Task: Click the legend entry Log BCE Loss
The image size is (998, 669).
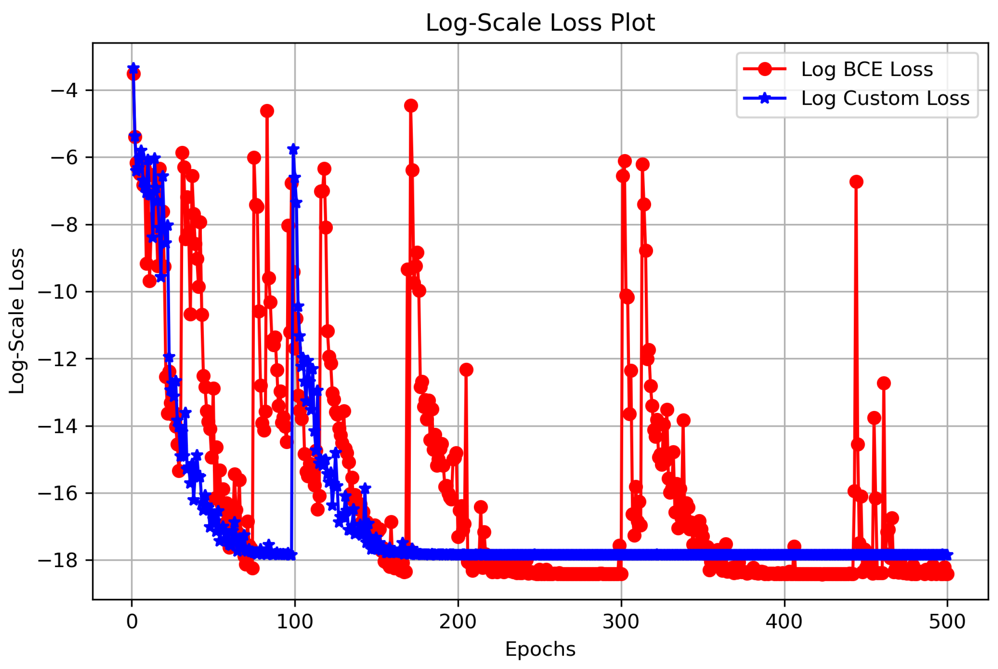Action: point(867,69)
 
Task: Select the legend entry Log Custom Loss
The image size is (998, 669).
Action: point(885,98)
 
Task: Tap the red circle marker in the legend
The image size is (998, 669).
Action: point(765,69)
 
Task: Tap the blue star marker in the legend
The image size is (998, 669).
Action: point(765,98)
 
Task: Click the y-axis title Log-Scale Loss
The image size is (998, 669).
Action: point(17,321)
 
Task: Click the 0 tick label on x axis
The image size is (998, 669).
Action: point(132,622)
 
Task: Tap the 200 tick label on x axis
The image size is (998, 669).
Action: point(457,622)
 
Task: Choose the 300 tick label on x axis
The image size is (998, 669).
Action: point(621,622)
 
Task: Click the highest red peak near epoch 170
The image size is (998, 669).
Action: point(411,105)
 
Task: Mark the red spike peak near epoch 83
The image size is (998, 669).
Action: point(267,111)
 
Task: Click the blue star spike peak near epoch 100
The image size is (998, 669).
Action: point(293,149)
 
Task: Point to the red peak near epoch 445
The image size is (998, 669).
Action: point(856,182)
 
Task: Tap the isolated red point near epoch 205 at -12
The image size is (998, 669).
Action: point(466,369)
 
